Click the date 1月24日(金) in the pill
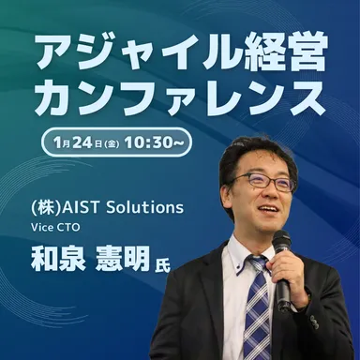point(87,143)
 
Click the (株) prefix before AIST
point(44,207)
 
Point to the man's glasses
point(261,182)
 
